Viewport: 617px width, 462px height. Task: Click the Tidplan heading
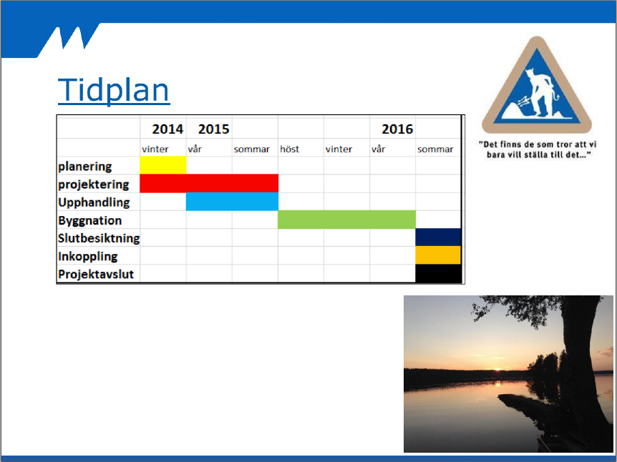[114, 90]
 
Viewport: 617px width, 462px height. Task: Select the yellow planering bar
[163, 165]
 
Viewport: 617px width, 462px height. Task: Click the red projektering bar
[209, 183]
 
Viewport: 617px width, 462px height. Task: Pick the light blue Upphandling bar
[232, 201]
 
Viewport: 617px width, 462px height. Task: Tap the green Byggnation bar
[346, 220]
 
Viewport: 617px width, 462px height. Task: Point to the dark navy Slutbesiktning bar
[438, 237]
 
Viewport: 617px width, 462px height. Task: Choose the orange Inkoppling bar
[438, 255]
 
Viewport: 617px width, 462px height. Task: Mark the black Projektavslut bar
[438, 273]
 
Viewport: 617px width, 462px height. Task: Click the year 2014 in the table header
[167, 129]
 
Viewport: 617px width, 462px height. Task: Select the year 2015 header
[214, 129]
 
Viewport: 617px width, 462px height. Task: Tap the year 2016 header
[397, 129]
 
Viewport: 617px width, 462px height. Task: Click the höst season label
[290, 149]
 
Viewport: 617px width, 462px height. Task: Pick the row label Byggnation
[89, 221]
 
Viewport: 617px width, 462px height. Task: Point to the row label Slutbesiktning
[99, 238]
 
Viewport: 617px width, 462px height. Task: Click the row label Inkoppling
[88, 257]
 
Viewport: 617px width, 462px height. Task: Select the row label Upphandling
[94, 202]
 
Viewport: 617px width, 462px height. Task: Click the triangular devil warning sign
[537, 85]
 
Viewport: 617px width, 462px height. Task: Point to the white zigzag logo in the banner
[74, 38]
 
